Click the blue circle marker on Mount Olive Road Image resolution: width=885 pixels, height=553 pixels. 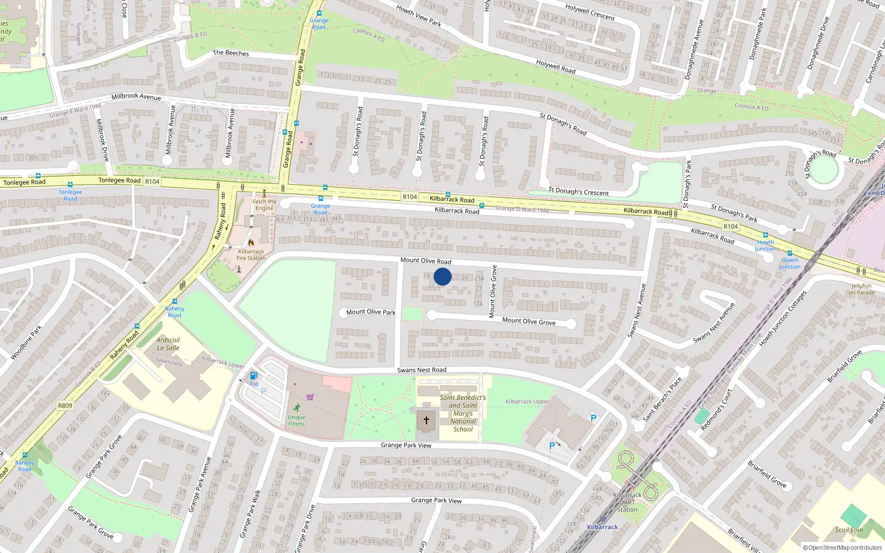pyautogui.click(x=442, y=276)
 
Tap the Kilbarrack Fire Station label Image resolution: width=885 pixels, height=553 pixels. pyautogui.click(x=251, y=255)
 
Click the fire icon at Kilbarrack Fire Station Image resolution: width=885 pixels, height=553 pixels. pyautogui.click(x=251, y=242)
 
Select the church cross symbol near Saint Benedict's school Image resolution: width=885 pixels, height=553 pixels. pyautogui.click(x=426, y=420)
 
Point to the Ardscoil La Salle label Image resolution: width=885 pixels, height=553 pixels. pyautogui.click(x=168, y=344)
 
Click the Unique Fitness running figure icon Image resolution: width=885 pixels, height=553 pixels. pyautogui.click(x=297, y=408)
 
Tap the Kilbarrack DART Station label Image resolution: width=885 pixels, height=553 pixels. pyautogui.click(x=627, y=502)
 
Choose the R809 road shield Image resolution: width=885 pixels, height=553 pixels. pyautogui.click(x=65, y=405)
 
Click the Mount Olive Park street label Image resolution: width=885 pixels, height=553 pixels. pyautogui.click(x=371, y=312)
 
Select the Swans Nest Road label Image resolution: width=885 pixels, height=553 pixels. pyautogui.click(x=421, y=370)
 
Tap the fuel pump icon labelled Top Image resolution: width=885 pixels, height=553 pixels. pyautogui.click(x=253, y=375)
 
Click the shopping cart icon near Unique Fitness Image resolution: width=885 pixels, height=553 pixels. pyautogui.click(x=310, y=397)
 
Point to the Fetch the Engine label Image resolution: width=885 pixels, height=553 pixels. pyautogui.click(x=264, y=205)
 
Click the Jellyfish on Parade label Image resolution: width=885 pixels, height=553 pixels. pyautogui.click(x=862, y=289)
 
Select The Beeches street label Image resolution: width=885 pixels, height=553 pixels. pyautogui.click(x=231, y=53)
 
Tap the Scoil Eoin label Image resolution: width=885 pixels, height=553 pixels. pyautogui.click(x=849, y=530)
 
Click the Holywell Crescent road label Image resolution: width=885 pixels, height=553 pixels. pyautogui.click(x=590, y=12)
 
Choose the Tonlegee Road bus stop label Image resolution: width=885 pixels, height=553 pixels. pyautogui.click(x=70, y=195)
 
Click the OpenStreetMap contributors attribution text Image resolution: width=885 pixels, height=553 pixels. pyautogui.click(x=842, y=548)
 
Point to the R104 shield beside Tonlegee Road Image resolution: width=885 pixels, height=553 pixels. pyautogui.click(x=152, y=181)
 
